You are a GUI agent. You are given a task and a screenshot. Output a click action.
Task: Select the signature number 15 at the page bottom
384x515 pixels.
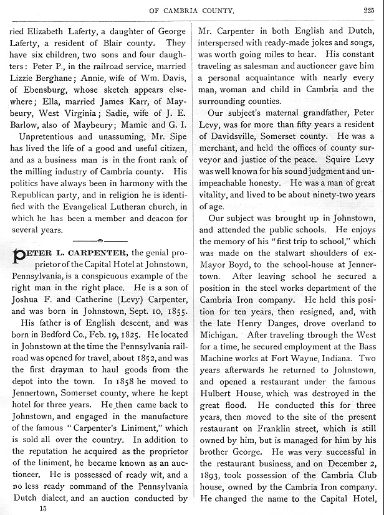click(x=42, y=508)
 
